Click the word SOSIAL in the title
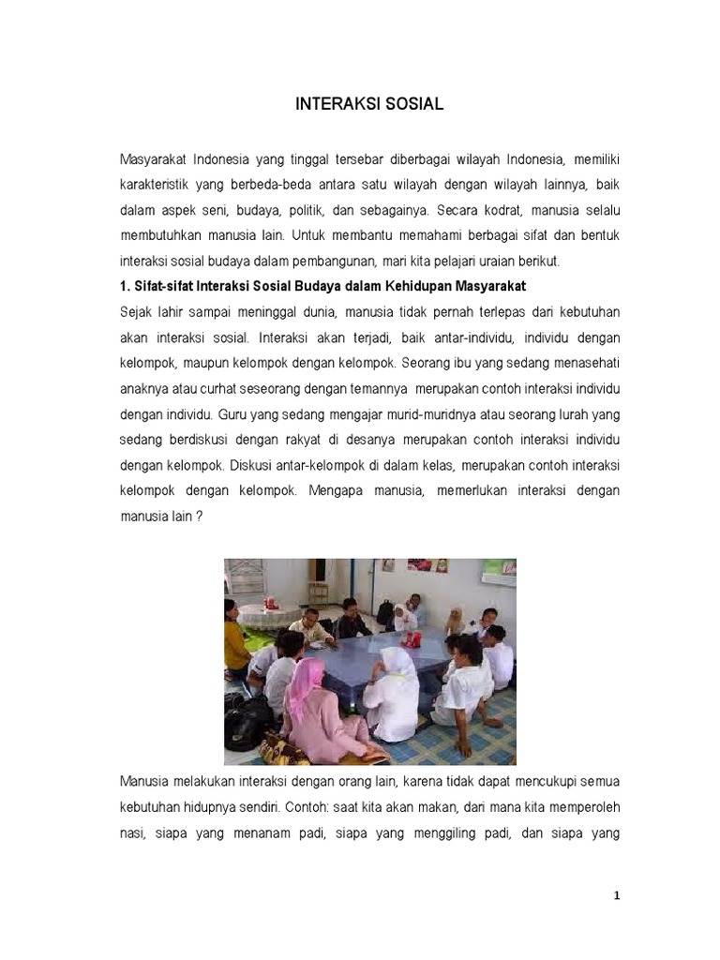pyautogui.click(x=412, y=105)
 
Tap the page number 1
pyautogui.click(x=617, y=896)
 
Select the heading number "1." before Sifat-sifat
pyautogui.click(x=127, y=286)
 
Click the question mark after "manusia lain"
pyautogui.click(x=199, y=516)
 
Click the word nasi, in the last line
pyautogui.click(x=135, y=832)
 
